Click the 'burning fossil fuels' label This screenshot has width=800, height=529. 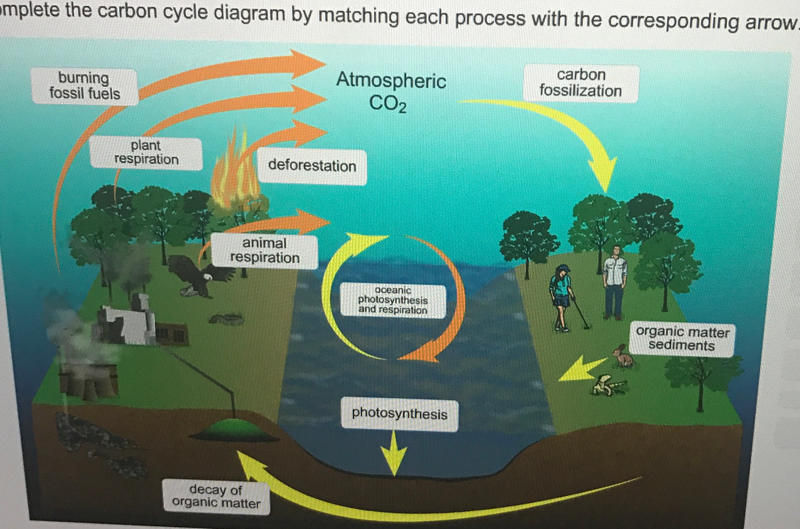pyautogui.click(x=84, y=86)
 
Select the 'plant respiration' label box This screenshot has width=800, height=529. pyautogui.click(x=146, y=153)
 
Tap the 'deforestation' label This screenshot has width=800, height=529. pyautogui.click(x=312, y=166)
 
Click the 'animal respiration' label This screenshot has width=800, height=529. pyautogui.click(x=265, y=251)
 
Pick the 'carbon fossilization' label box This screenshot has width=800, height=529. pyautogui.click(x=581, y=83)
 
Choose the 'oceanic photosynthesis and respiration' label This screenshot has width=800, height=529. pyautogui.click(x=393, y=300)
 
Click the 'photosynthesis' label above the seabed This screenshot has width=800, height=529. pyautogui.click(x=399, y=414)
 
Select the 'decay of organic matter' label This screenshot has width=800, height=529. pyautogui.click(x=216, y=496)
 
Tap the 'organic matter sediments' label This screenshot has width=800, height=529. pyautogui.click(x=682, y=339)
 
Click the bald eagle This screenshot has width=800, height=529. pyautogui.click(x=196, y=275)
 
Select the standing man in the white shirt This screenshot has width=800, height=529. pyautogui.click(x=615, y=281)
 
